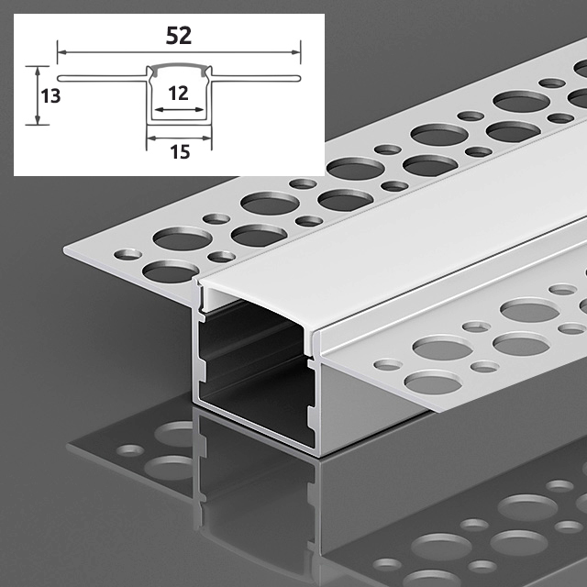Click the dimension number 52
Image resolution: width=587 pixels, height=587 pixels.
pyautogui.click(x=179, y=36)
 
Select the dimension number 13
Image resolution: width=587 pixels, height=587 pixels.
pyautogui.click(x=50, y=96)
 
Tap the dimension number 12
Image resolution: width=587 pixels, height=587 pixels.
pyautogui.click(x=178, y=94)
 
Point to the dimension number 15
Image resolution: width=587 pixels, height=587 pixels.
pyautogui.click(x=180, y=152)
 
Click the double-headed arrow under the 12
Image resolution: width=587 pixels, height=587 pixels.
pyautogui.click(x=179, y=110)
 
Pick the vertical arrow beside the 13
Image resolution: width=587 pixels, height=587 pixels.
pyautogui.click(x=37, y=95)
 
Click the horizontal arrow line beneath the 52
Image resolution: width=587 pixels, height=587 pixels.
pyautogui.click(x=179, y=52)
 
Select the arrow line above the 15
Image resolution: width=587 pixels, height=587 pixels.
pyautogui.click(x=179, y=138)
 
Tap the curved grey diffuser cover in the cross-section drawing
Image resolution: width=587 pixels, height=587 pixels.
pyautogui.click(x=179, y=66)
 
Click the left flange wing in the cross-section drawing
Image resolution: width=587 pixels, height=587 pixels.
pyautogui.click(x=102, y=78)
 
